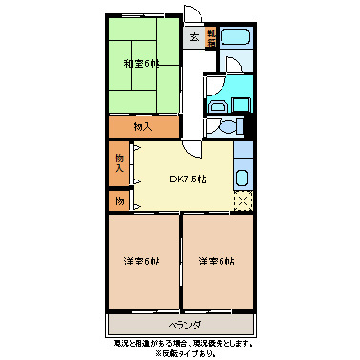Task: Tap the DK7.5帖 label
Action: [188, 180]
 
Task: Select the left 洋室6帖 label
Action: [140, 261]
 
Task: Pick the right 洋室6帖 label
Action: [217, 261]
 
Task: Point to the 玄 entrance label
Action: [193, 38]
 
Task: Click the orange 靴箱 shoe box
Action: [211, 39]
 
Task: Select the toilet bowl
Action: [227, 128]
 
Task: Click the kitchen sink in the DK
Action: [243, 178]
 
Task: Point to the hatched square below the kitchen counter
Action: [244, 200]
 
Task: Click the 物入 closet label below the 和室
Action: [142, 126]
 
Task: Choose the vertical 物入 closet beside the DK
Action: [119, 163]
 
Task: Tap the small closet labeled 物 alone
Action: [119, 201]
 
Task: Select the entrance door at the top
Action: [193, 16]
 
